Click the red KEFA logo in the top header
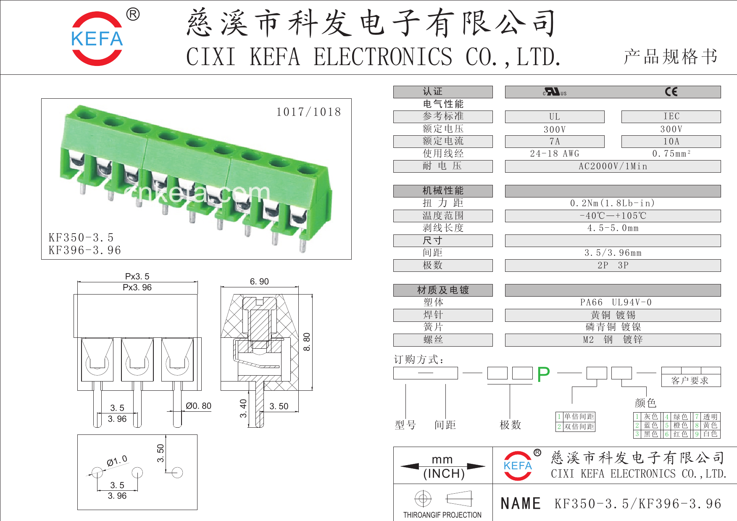(97, 39)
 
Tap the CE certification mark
(671, 92)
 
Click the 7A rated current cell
(555, 142)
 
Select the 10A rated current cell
(671, 142)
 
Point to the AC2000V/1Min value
(613, 166)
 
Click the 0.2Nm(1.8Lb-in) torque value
(613, 203)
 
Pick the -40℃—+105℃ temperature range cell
(613, 216)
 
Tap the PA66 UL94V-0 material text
(616, 303)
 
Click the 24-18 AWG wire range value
(555, 154)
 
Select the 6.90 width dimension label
(259, 282)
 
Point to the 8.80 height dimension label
(307, 342)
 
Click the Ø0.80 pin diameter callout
(198, 406)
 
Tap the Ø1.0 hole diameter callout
(117, 461)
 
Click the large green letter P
(543, 374)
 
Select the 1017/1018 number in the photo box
(308, 112)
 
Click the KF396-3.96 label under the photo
(85, 250)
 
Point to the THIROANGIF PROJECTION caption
(442, 515)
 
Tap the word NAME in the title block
(521, 503)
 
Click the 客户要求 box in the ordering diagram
(690, 381)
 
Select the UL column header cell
(555, 117)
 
